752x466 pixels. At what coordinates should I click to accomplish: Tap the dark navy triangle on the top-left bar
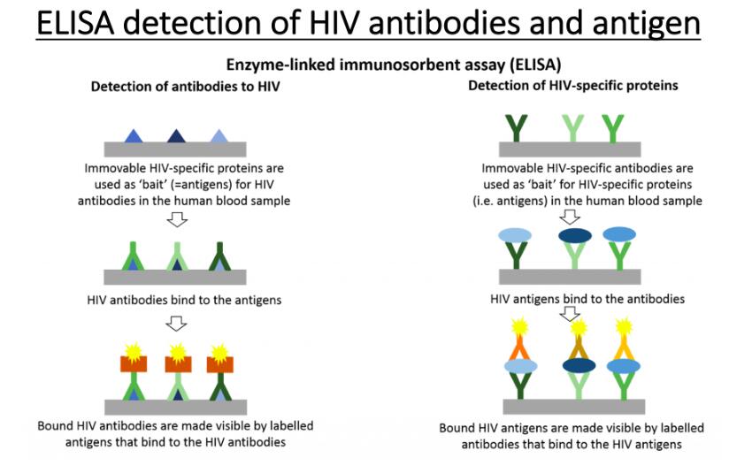tap(176, 135)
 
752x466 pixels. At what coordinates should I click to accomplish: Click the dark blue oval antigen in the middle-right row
tap(576, 236)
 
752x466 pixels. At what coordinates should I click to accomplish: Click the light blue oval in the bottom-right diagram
tap(521, 366)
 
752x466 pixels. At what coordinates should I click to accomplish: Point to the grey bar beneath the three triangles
tap(175, 149)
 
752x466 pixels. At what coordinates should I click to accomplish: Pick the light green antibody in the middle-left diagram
tap(177, 257)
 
